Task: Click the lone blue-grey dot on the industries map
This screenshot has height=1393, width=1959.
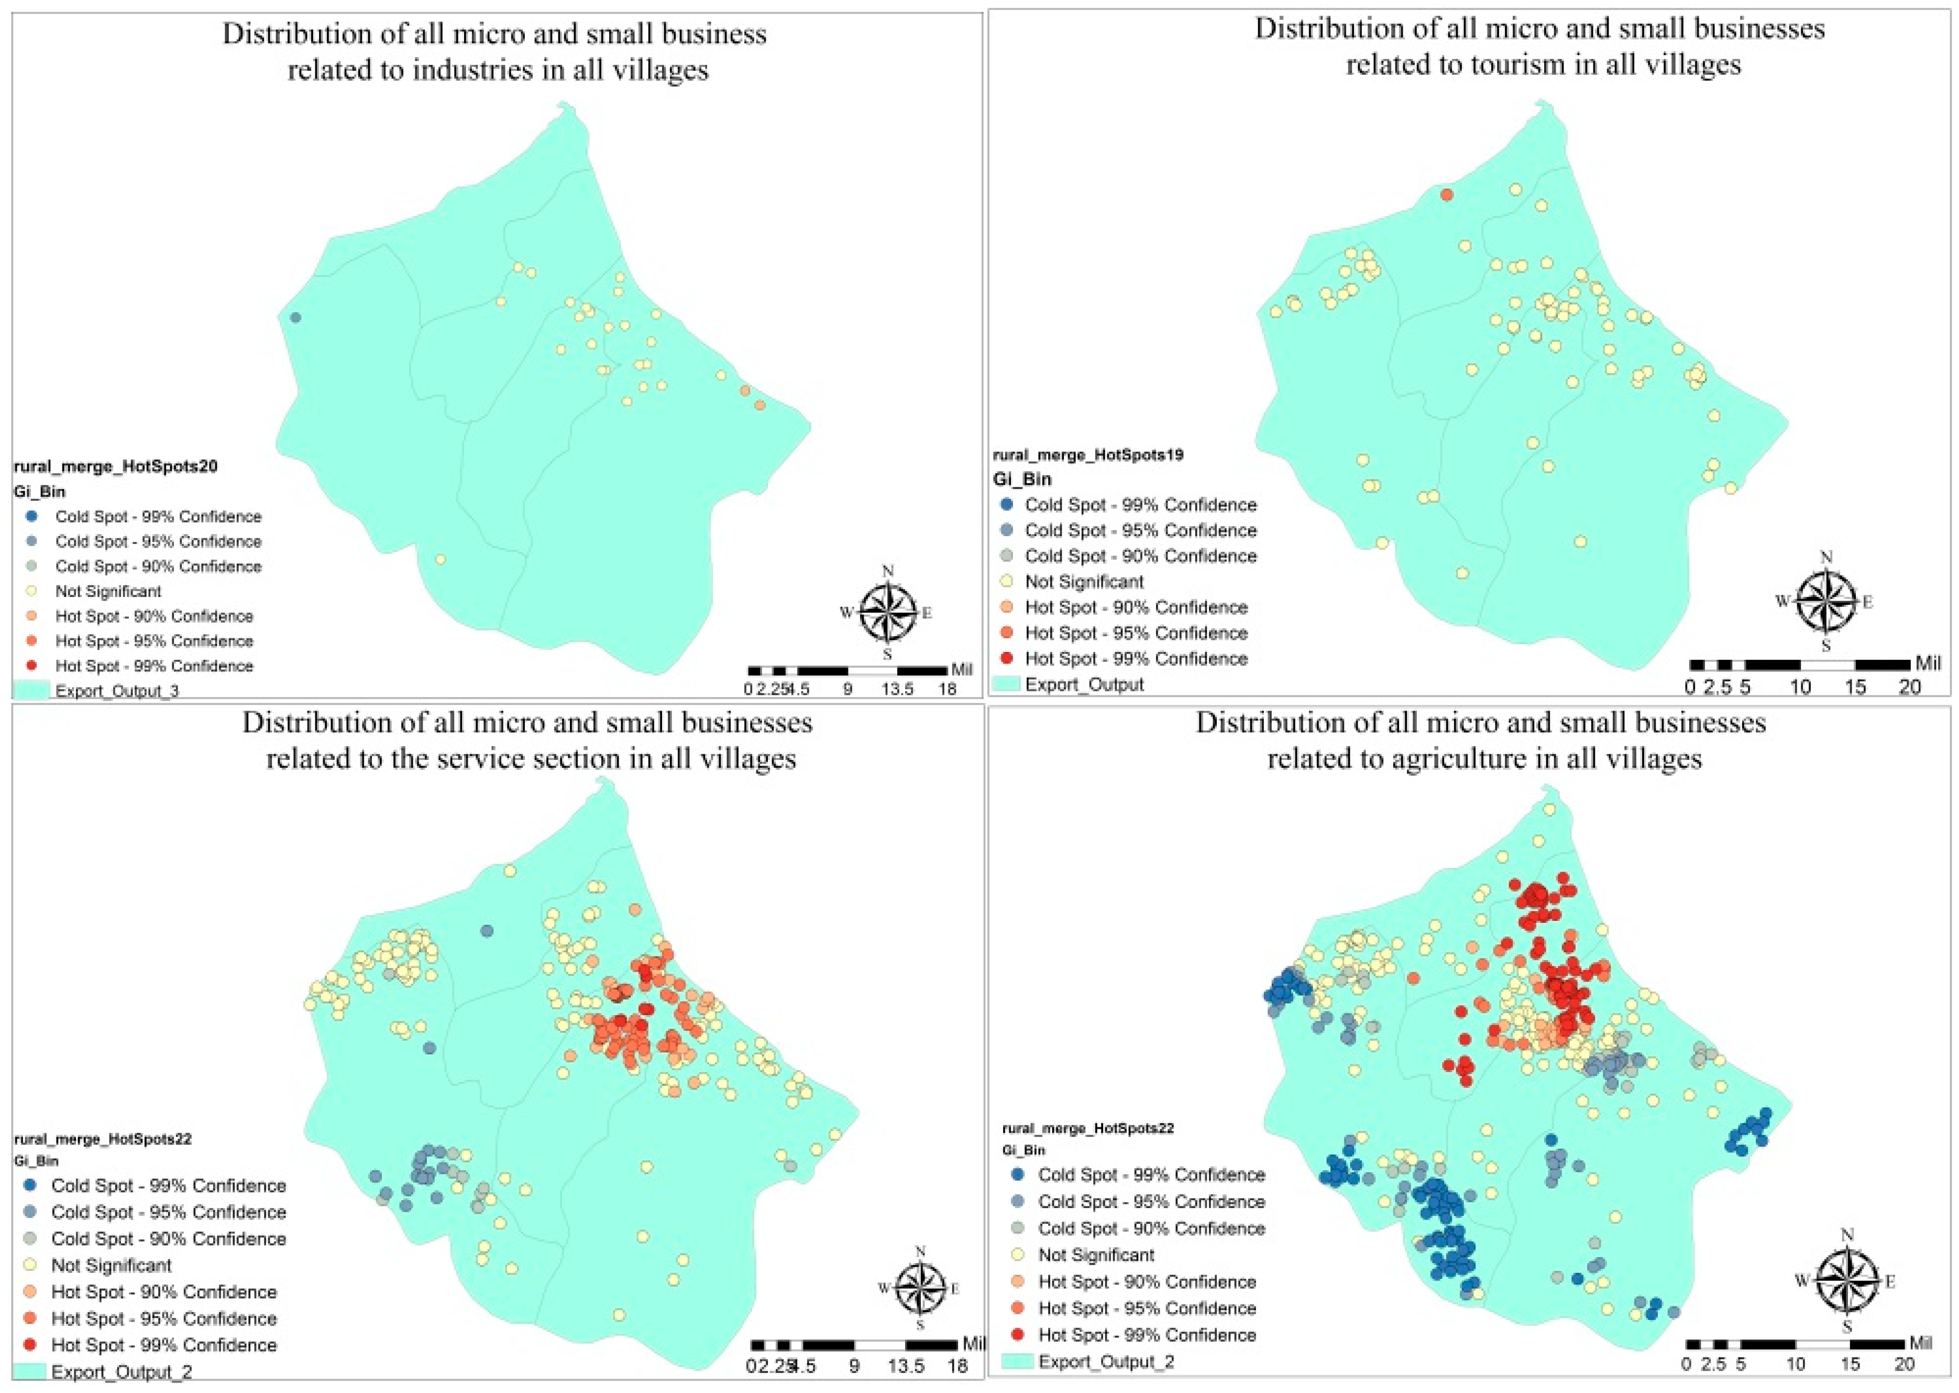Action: [295, 318]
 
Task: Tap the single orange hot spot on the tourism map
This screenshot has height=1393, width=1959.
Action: [1446, 195]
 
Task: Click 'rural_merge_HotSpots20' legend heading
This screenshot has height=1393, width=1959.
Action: [116, 466]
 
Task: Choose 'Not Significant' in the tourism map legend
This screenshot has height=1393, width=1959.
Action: [1084, 582]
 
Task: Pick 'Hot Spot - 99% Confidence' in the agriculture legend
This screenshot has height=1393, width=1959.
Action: [1146, 1335]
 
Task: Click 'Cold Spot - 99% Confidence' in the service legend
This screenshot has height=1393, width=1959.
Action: [168, 1185]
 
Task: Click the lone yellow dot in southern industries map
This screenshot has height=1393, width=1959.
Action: [440, 559]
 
